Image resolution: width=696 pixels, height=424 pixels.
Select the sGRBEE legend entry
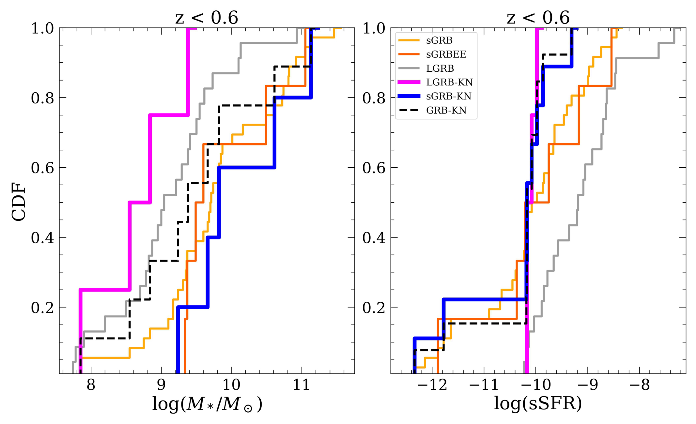432,54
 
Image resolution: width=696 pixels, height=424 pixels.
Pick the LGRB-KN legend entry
436,82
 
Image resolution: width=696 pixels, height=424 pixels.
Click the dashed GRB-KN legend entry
433,110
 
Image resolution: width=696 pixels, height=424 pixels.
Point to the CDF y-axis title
18,202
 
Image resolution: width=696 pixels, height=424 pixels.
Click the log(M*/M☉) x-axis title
207,404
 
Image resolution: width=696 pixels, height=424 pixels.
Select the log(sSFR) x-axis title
538,403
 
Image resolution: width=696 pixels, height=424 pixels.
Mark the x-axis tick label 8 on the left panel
91,385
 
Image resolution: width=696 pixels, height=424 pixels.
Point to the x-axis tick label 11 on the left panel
302,385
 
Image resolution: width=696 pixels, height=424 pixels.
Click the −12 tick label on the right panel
432,385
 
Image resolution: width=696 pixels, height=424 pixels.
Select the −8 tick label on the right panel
640,385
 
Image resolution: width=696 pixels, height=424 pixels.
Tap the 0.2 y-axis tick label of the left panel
42,307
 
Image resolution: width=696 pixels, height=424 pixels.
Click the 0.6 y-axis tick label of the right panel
374,168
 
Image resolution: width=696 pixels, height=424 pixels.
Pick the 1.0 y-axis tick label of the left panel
42,28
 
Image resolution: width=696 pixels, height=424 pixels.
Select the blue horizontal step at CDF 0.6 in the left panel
247,168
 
